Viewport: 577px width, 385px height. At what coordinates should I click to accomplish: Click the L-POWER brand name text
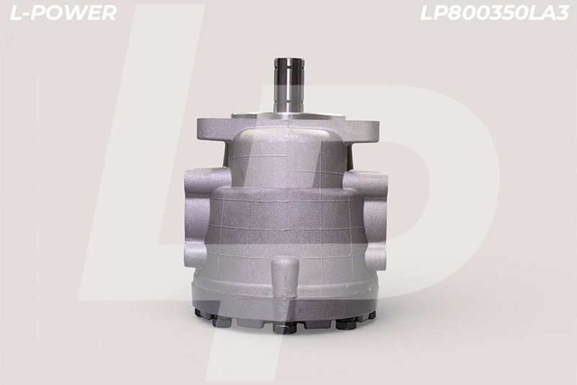(63, 13)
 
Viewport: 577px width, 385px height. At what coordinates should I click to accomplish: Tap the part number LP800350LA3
(495, 13)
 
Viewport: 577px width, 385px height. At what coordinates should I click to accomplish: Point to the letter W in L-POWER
(78, 13)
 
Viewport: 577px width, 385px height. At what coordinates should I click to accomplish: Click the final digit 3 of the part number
(563, 13)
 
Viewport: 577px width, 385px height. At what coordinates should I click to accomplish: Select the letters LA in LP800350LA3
(542, 13)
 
